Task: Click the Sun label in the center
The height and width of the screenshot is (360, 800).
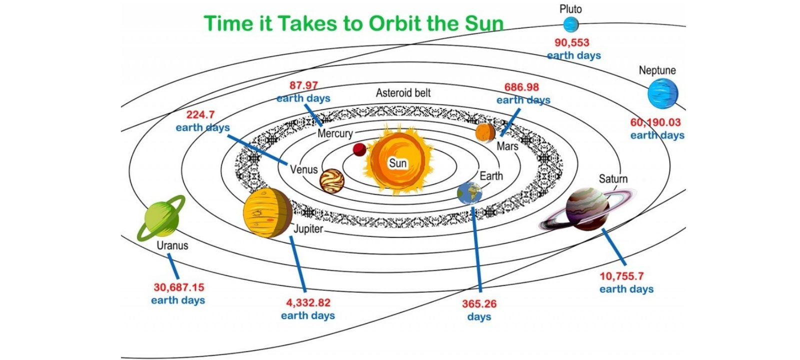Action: (397, 163)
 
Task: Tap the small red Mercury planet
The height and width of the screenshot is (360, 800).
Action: (359, 149)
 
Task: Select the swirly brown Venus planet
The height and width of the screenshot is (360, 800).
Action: (332, 181)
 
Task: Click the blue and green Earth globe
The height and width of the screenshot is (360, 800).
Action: (469, 193)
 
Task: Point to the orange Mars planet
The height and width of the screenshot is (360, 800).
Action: (485, 133)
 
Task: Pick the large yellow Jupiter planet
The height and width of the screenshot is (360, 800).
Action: (267, 213)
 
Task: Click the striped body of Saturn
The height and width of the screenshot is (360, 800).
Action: (587, 209)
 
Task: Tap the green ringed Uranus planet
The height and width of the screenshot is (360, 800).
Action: (161, 218)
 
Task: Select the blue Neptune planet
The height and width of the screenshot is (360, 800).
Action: (663, 93)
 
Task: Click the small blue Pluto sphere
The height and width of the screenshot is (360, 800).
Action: (570, 24)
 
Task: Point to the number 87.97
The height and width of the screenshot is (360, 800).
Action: (303, 85)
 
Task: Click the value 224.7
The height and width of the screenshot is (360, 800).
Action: (200, 114)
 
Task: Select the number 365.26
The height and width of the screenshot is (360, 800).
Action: (479, 304)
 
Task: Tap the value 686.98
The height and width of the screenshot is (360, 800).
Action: (522, 87)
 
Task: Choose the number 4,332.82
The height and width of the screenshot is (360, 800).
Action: (308, 303)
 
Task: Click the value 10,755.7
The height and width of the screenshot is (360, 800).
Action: (622, 276)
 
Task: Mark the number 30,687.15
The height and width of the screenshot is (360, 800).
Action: (179, 287)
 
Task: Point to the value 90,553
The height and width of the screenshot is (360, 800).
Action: (572, 43)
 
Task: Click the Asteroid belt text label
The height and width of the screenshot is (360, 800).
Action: (403, 93)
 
